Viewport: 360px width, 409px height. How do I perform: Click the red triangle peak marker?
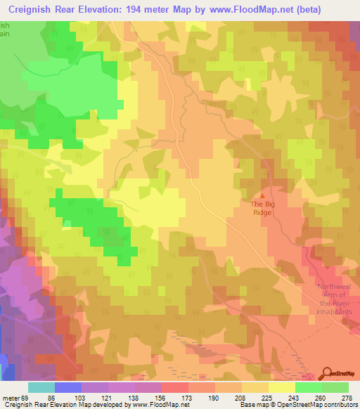coord(264,195)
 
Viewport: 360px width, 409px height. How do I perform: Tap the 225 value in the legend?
coord(266,396)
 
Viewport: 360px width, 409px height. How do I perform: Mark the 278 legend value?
coord(347,396)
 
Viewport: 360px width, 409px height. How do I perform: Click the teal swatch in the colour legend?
coord(41,387)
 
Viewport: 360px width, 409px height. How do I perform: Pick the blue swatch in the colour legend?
coord(68,387)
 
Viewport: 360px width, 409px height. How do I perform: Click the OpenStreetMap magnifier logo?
coord(327,373)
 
